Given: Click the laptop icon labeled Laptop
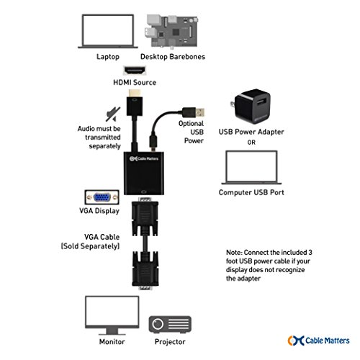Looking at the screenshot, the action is tap(108, 31).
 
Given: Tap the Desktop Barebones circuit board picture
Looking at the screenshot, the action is tap(172, 32).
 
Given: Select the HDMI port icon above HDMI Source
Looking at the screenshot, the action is tap(135, 71).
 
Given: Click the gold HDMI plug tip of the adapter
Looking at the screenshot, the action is tap(135, 94).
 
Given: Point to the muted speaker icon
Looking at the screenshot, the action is tap(113, 114).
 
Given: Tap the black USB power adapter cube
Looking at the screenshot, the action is tap(252, 107).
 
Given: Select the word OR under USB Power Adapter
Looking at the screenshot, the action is tap(251, 143).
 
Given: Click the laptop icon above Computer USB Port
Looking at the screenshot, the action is tap(251, 168).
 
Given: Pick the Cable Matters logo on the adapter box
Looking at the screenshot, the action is tap(144, 158).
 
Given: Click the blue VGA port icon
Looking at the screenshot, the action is tap(102, 197).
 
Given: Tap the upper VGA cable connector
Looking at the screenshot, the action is tap(145, 217).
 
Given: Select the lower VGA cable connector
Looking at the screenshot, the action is tap(145, 270).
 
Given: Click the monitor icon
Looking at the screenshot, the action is tap(112, 315).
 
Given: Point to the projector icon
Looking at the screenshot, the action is tap(170, 324).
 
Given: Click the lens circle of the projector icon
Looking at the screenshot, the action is tap(158, 324).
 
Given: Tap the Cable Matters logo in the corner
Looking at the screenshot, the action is tap(318, 341).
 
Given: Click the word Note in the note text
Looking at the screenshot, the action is tap(234, 253).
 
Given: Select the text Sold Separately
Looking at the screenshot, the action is tap(90, 246).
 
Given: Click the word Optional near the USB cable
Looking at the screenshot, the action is tap(191, 124).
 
